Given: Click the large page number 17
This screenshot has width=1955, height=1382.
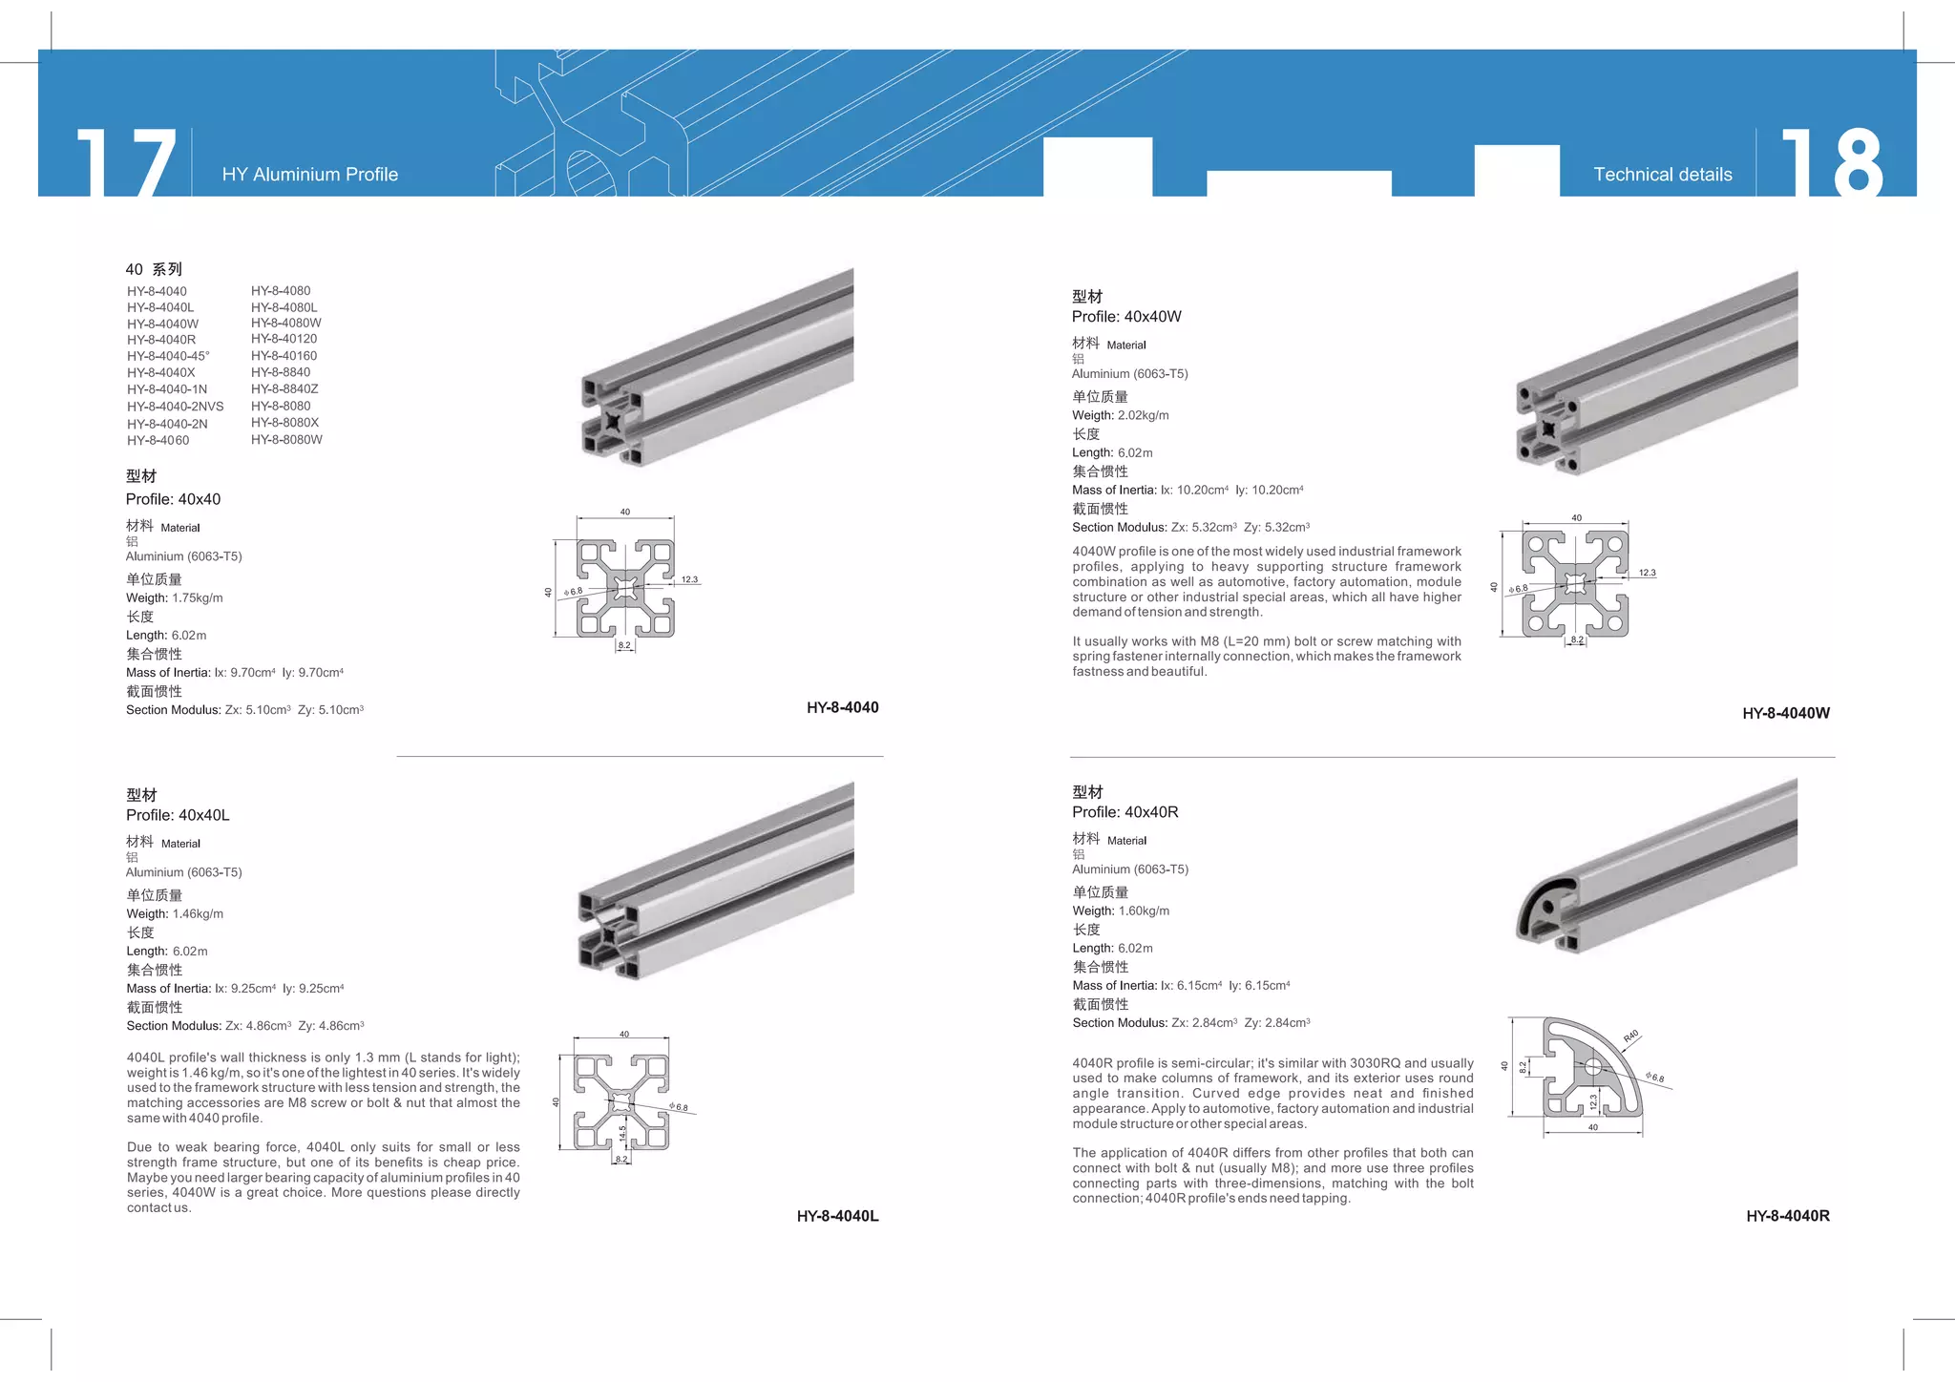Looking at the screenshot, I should click(127, 162).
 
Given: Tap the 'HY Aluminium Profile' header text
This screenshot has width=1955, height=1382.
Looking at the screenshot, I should click(309, 175).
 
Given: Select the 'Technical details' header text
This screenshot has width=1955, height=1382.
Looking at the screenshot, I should click(1662, 175).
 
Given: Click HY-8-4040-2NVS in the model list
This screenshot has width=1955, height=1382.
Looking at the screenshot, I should click(175, 407).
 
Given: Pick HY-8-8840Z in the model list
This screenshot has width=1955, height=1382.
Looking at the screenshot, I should click(284, 389).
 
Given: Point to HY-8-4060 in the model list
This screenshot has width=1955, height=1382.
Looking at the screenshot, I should click(158, 441).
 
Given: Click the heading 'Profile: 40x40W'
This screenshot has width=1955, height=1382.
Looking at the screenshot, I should click(1126, 317).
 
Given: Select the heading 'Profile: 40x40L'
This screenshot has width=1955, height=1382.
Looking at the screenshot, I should click(178, 815).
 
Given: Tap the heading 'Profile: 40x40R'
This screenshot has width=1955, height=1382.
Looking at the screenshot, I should click(1125, 812).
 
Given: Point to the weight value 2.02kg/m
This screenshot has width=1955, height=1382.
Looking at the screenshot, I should click(1143, 416).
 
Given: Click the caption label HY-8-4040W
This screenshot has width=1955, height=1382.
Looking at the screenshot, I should click(1785, 713).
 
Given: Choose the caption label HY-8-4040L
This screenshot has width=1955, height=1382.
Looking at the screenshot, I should click(837, 1216).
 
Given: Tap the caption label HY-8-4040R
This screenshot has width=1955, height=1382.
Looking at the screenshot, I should click(1787, 1216).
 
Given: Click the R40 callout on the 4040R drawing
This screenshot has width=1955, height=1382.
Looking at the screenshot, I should click(1630, 1036).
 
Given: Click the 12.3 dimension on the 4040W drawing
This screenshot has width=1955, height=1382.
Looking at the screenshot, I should click(1648, 574).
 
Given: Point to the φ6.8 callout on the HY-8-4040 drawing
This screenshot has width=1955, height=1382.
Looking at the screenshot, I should click(574, 592).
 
